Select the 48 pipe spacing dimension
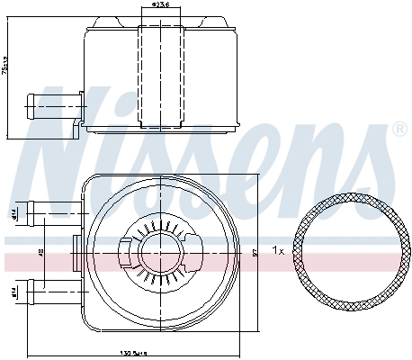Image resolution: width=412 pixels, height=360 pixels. (x=41, y=254)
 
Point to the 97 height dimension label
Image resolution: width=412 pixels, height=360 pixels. (x=255, y=255)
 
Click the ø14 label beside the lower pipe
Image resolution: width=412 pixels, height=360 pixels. (x=15, y=291)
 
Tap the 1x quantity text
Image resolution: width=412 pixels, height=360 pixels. (x=279, y=251)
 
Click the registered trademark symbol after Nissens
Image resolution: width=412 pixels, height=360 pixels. (x=399, y=130)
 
